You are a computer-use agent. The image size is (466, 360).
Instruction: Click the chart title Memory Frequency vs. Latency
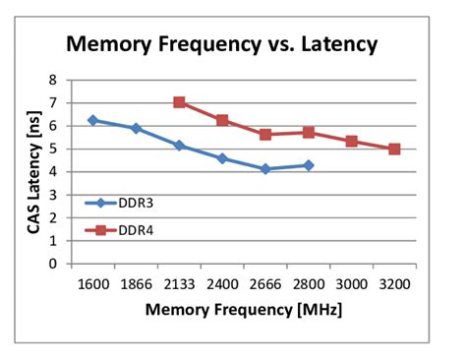coord(221,44)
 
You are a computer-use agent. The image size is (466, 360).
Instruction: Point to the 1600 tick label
coord(93,283)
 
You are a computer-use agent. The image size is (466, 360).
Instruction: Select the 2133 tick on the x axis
coord(179,283)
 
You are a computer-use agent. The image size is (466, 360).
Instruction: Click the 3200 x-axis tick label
coord(394,283)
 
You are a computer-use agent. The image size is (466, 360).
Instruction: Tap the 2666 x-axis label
coord(265,283)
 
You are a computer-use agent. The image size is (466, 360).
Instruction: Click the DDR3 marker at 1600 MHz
coord(93,120)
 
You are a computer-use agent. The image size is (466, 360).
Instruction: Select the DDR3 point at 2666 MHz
coord(265,169)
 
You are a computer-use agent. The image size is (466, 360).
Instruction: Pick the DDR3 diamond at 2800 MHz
coord(309,165)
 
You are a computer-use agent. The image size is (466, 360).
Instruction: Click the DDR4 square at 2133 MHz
coord(179,102)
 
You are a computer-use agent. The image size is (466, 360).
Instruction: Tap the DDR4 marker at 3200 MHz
coord(394,149)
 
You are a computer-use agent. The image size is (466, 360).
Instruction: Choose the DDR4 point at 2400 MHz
coord(222,120)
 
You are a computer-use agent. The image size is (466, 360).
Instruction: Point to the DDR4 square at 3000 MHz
coord(351,142)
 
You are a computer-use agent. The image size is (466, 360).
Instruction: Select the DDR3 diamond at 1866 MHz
coord(136,128)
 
